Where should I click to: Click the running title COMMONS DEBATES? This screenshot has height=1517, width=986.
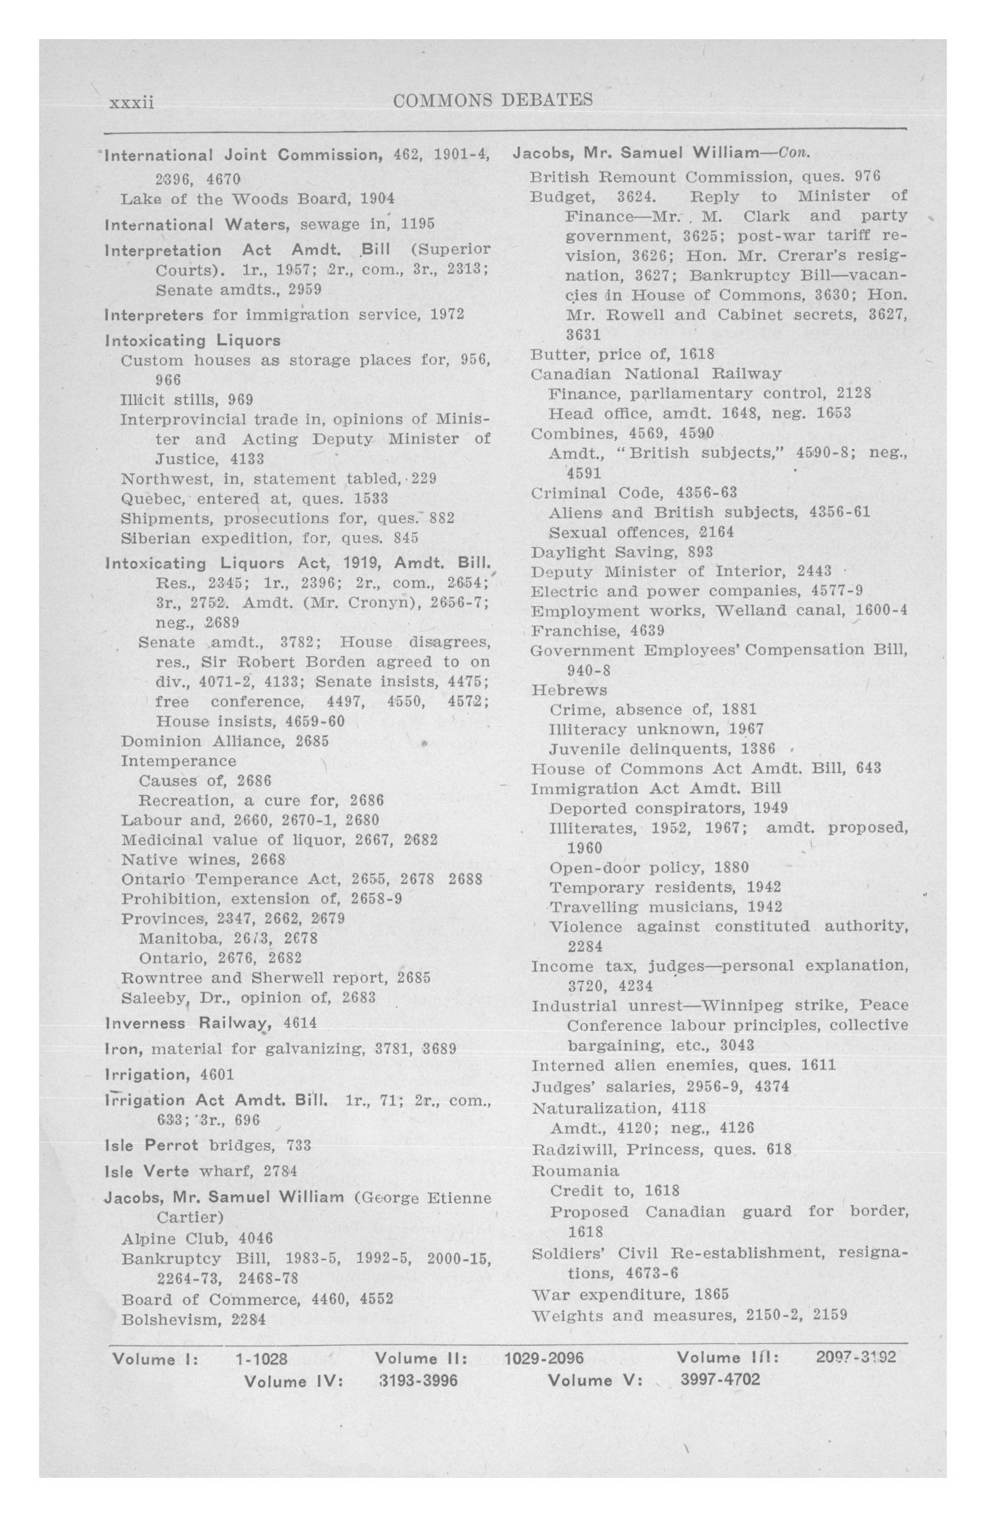[x=493, y=100]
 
